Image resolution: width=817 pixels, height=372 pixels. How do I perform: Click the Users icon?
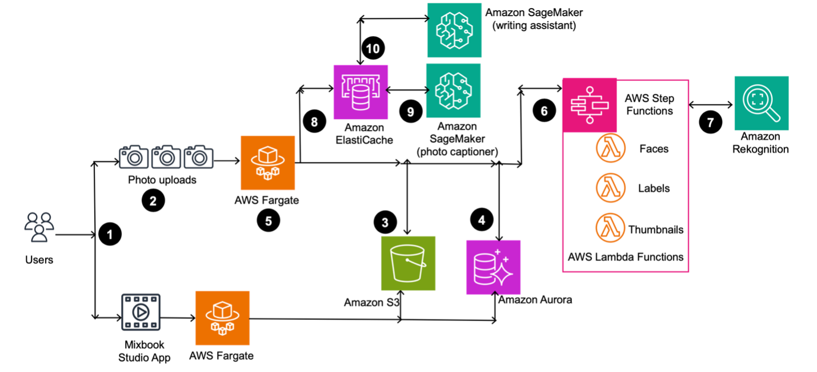39,228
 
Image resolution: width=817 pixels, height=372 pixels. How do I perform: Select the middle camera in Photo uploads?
166,157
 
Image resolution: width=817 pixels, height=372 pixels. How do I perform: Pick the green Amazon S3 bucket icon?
408,263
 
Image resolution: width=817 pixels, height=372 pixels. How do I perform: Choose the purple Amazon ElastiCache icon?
361,92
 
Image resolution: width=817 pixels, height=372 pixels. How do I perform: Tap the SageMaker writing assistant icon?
454,30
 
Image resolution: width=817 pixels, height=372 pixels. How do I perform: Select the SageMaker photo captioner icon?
454,90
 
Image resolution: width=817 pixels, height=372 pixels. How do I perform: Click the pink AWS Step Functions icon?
590,104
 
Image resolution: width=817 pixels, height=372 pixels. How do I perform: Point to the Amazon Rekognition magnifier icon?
762,104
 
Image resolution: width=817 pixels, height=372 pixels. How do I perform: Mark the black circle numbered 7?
710,122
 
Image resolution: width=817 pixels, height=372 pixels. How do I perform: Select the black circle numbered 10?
374,49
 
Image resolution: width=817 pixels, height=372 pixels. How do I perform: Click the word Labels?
654,188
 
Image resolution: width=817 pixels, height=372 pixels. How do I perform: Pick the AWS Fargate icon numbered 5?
268,163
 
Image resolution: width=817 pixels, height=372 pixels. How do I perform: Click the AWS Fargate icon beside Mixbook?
222,318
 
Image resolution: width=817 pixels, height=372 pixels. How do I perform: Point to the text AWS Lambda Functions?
626,257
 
